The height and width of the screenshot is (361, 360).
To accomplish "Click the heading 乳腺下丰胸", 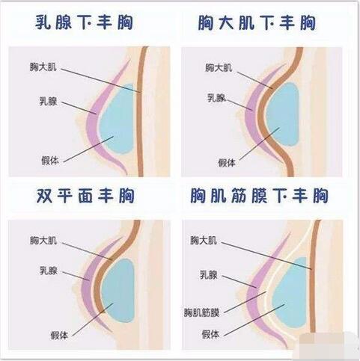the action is pyautogui.click(x=84, y=22).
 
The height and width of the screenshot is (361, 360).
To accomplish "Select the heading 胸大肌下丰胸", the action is pyautogui.click(x=257, y=22).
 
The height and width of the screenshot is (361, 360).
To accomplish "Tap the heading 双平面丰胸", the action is pyautogui.click(x=85, y=196).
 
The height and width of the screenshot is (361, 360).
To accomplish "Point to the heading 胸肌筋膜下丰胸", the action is pyautogui.click(x=259, y=196).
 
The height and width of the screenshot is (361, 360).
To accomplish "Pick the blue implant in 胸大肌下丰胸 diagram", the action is pyautogui.click(x=283, y=114).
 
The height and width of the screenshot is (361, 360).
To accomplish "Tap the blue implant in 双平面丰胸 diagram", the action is pyautogui.click(x=118, y=290).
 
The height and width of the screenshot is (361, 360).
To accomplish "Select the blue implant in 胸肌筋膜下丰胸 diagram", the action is pyautogui.click(x=290, y=294).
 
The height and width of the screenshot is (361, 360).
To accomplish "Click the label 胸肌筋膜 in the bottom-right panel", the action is pyautogui.click(x=201, y=312).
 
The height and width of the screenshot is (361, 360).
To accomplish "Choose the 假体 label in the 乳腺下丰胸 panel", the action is pyautogui.click(x=50, y=161).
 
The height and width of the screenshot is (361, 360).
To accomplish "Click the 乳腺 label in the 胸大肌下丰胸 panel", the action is pyautogui.click(x=216, y=98).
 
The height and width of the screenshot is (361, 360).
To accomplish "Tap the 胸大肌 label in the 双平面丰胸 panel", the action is pyautogui.click(x=43, y=241).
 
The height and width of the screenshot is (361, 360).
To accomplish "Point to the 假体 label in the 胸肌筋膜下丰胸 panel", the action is pyautogui.click(x=210, y=334).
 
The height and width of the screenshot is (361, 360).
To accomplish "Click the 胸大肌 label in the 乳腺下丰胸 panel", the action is pyautogui.click(x=43, y=67).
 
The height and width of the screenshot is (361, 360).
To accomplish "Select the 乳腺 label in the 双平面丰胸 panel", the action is pyautogui.click(x=49, y=271).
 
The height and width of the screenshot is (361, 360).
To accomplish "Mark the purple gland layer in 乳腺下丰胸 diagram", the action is pyautogui.click(x=93, y=125).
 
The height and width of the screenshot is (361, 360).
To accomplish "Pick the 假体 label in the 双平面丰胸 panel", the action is pyautogui.click(x=59, y=336).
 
